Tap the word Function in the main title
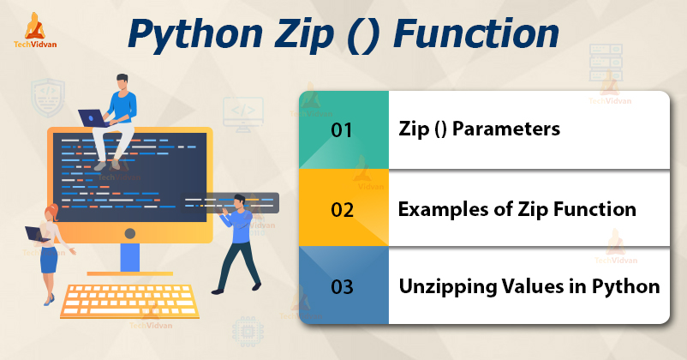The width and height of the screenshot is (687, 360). (x=476, y=33)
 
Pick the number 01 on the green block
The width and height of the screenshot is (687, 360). (x=342, y=130)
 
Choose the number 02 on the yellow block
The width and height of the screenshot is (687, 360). (x=342, y=210)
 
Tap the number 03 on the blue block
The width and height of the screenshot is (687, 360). (x=342, y=287)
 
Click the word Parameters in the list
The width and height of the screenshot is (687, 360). (x=506, y=129)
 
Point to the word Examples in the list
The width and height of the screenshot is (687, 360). (x=443, y=210)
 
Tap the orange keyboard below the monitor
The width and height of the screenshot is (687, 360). (x=129, y=300)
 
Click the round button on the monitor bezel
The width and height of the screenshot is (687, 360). (x=130, y=233)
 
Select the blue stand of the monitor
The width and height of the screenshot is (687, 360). (x=130, y=258)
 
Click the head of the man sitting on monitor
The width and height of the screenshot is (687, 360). (x=122, y=82)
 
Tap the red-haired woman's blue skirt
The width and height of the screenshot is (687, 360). (x=49, y=260)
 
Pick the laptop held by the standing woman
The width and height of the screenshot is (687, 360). (x=36, y=234)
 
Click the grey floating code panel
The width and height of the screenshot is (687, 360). (x=230, y=203)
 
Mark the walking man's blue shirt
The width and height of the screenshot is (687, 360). (x=240, y=225)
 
